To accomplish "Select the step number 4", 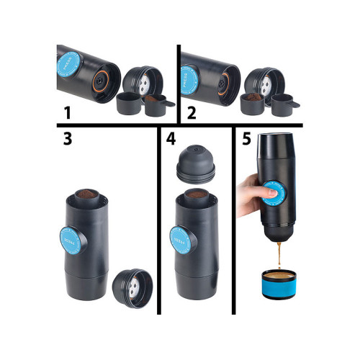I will [x=169, y=140].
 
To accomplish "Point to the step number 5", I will [x=246, y=140].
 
